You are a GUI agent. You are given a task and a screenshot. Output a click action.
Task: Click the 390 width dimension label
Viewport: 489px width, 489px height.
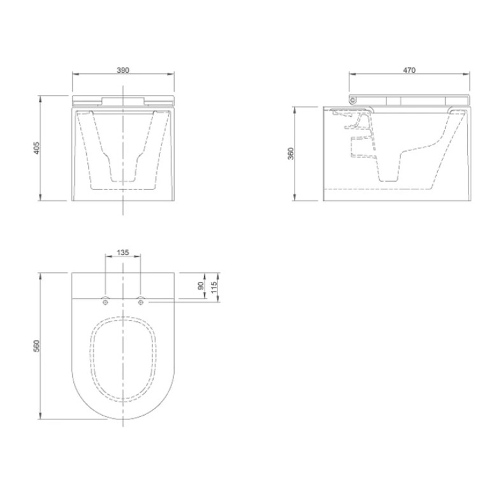[x=123, y=70]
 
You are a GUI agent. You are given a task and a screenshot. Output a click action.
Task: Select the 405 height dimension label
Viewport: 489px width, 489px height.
[x=36, y=148]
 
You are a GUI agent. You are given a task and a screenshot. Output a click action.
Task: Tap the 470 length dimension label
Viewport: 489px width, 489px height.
[x=409, y=70]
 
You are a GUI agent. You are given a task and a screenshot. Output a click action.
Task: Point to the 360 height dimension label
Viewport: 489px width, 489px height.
[x=290, y=154]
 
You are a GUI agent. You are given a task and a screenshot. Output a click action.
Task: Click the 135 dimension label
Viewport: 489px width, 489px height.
[x=122, y=252]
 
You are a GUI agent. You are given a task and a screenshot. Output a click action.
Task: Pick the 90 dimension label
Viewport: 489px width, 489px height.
[x=201, y=286]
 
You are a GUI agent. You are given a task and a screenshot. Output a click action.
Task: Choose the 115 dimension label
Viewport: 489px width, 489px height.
[x=214, y=288]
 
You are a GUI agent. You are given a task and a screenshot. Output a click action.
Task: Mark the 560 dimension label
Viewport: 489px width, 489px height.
[x=36, y=346]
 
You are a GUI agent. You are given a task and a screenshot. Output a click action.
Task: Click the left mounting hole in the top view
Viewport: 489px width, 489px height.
[x=105, y=301]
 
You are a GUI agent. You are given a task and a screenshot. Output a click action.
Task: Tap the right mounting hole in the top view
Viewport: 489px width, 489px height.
[x=141, y=301]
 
